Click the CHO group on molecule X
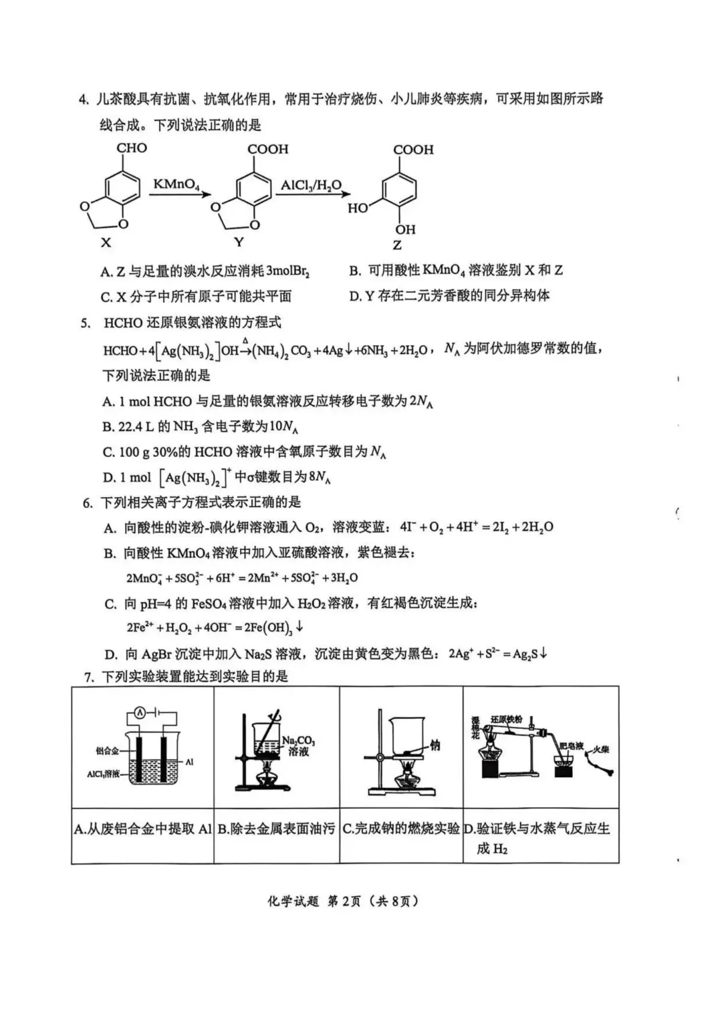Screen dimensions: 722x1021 tap(132, 148)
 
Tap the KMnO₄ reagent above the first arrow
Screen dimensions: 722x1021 tap(176, 184)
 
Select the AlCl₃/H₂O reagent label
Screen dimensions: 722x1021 tap(311, 185)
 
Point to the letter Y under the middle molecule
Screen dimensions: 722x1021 tap(239, 242)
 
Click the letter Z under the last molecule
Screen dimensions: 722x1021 tap(397, 245)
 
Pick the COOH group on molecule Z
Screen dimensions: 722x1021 tap(412, 150)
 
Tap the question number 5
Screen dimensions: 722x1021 tap(85, 323)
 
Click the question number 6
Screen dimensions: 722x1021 tap(88, 502)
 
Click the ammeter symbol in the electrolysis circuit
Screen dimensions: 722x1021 tap(140, 714)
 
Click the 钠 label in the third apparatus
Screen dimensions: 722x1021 tap(435, 745)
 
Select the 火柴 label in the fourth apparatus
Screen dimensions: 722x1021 tap(601, 749)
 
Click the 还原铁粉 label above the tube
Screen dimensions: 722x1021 tap(506, 719)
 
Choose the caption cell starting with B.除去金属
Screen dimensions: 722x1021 tap(276, 829)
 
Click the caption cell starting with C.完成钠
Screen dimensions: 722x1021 tap(401, 829)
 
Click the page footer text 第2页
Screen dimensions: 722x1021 tap(344, 901)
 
